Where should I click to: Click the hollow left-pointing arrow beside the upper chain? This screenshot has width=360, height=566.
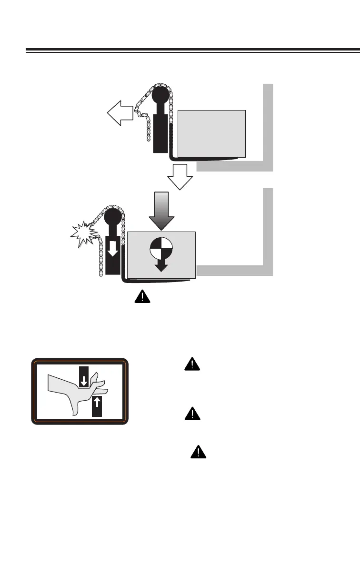pyautogui.click(x=119, y=115)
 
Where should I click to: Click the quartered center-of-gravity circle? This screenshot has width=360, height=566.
pyautogui.click(x=161, y=248)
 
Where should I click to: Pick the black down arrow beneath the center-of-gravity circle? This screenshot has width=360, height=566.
pyautogui.click(x=161, y=265)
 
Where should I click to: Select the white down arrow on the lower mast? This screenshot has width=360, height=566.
pyautogui.click(x=112, y=247)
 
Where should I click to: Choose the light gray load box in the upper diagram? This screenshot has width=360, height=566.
pyautogui.click(x=212, y=133)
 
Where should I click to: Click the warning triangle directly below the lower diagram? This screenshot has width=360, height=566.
pyautogui.click(x=142, y=297)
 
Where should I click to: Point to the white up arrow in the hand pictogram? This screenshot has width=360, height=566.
pyautogui.click(x=97, y=402)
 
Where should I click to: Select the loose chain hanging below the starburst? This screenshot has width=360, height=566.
pyautogui.click(x=100, y=257)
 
